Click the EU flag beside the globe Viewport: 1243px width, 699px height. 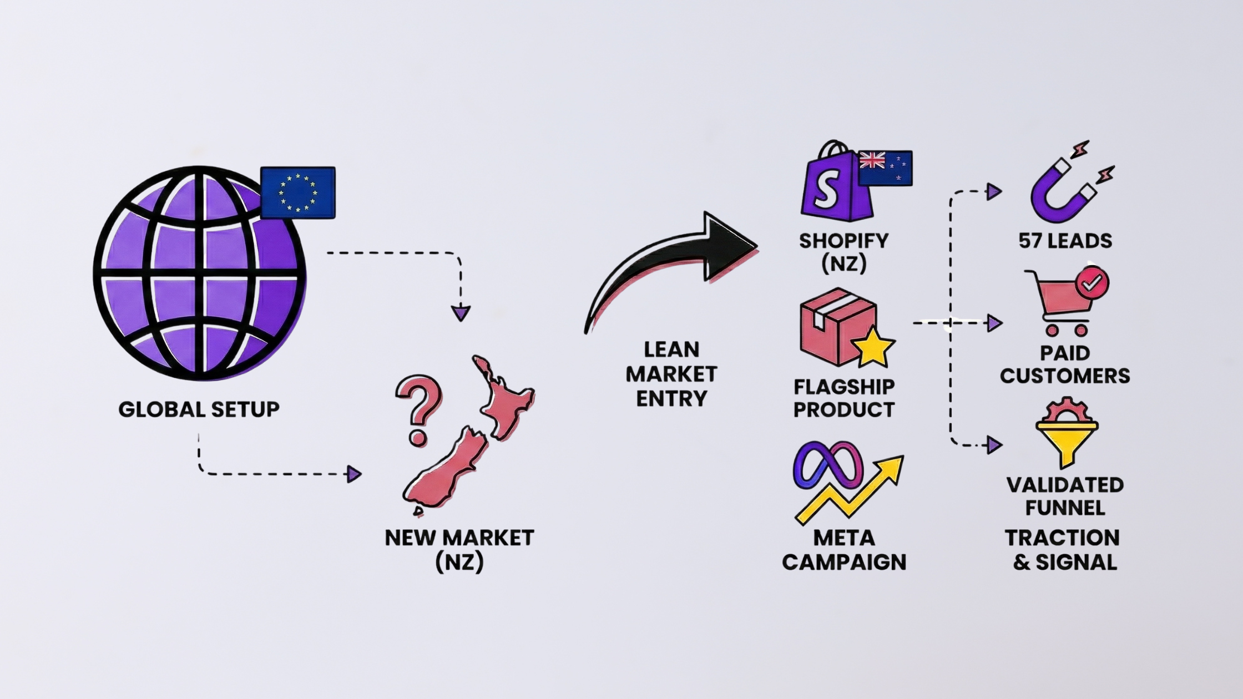(297, 192)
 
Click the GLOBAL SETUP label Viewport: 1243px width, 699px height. (199, 409)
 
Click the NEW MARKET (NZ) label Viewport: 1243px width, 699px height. (459, 550)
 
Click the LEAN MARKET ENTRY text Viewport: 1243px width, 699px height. (671, 374)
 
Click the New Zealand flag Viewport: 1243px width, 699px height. (886, 168)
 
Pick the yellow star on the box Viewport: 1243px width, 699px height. (873, 347)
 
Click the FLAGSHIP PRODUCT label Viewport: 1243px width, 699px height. (843, 398)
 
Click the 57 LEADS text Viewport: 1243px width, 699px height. (1065, 241)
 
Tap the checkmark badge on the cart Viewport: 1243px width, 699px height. (1092, 283)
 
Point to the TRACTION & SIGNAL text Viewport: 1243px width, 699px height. (1063, 550)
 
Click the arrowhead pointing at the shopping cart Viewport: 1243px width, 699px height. (994, 323)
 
